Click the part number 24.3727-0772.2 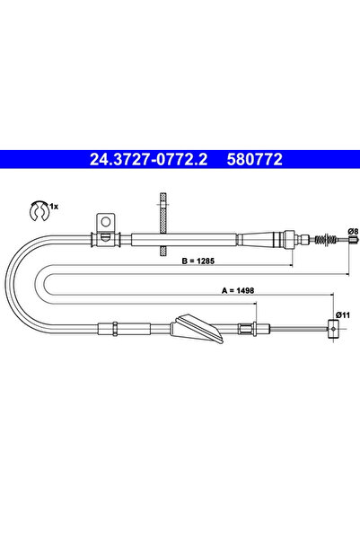[x=149, y=161]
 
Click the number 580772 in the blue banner [x=258, y=161]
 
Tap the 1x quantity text [x=53, y=207]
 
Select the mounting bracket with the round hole [x=105, y=223]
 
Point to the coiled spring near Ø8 [x=322, y=238]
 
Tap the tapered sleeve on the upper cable [x=264, y=238]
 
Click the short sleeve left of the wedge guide [x=115, y=325]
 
